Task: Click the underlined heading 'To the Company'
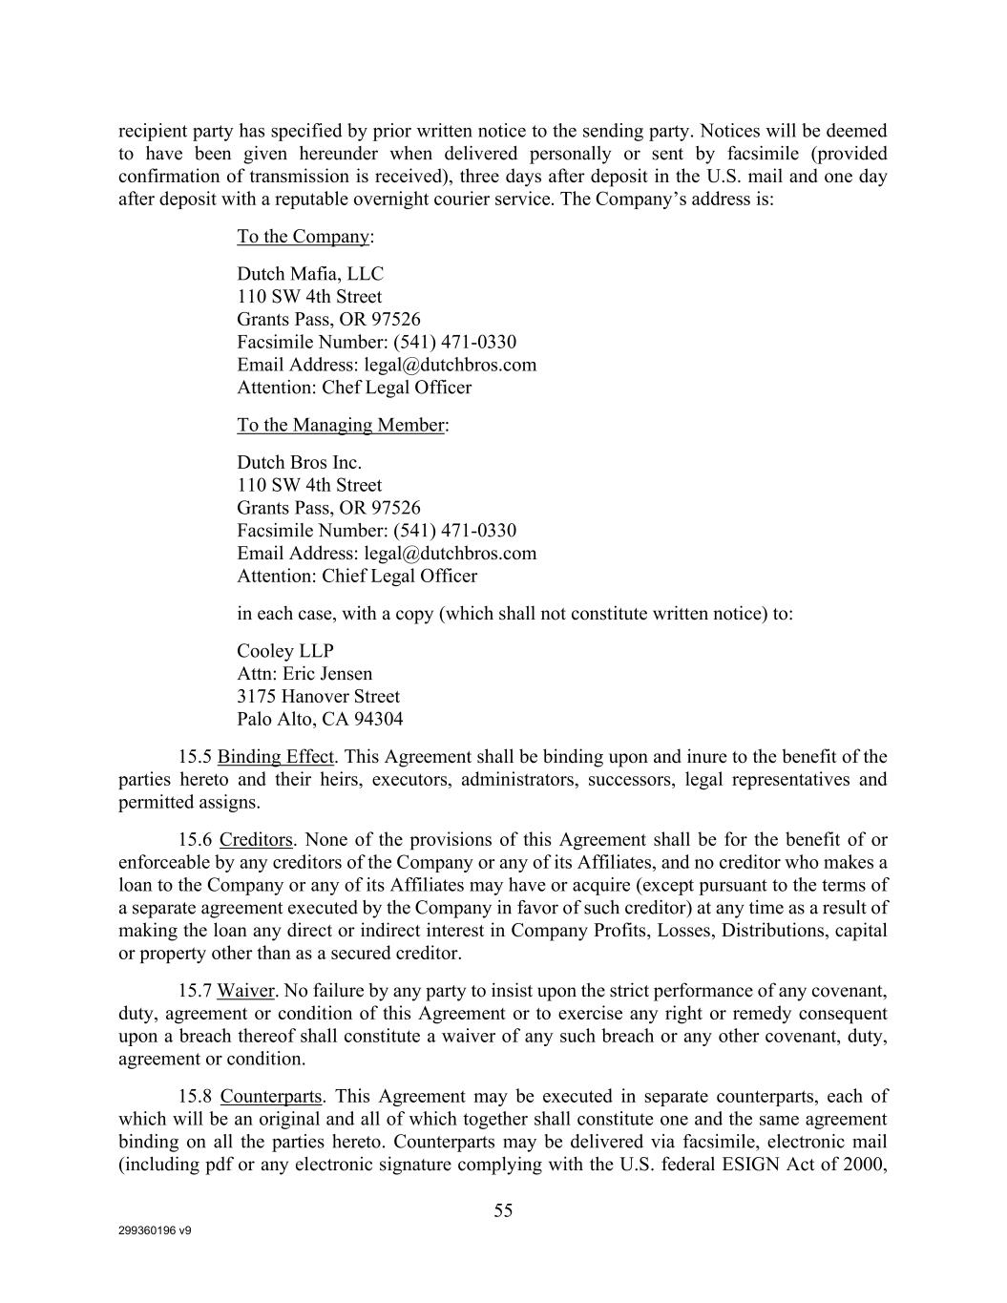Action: (303, 237)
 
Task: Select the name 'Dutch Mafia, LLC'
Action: (310, 274)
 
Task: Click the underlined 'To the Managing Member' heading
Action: (340, 425)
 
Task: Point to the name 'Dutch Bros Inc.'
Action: (299, 463)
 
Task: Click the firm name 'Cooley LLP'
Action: (285, 651)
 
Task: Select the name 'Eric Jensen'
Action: (327, 674)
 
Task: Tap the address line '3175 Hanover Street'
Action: (318, 697)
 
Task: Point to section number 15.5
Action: (195, 757)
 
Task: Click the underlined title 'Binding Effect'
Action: (276, 757)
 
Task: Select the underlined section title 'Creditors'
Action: (256, 840)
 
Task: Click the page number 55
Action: (503, 1211)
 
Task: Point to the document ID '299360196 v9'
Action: (155, 1231)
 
